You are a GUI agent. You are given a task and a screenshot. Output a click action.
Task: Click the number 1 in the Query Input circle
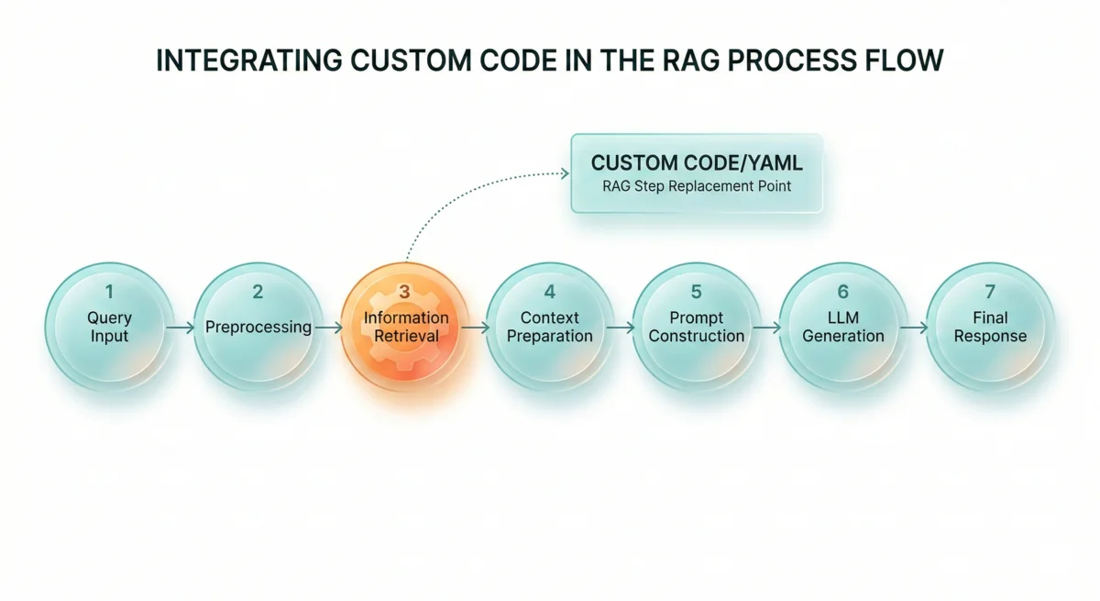click(x=109, y=293)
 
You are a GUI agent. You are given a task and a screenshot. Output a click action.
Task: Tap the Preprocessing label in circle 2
click(x=258, y=327)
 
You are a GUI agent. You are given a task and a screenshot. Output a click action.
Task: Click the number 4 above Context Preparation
click(x=549, y=293)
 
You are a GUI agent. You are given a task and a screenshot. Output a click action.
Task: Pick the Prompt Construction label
click(x=696, y=327)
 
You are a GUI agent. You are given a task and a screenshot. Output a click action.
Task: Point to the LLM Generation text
click(x=842, y=327)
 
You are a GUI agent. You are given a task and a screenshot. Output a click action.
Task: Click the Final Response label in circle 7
click(x=990, y=327)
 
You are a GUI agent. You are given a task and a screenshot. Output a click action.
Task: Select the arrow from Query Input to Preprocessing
click(x=181, y=327)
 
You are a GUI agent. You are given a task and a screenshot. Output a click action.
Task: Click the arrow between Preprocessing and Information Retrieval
click(x=328, y=327)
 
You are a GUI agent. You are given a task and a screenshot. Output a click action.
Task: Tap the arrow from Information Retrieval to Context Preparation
click(x=475, y=327)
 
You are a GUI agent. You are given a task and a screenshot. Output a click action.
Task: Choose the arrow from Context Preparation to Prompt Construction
click(x=621, y=327)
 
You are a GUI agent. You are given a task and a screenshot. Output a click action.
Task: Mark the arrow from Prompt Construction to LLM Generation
click(x=767, y=327)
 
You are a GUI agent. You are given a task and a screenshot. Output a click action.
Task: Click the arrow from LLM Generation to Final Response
click(x=914, y=327)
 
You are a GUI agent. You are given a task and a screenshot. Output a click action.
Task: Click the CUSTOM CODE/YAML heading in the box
click(x=697, y=162)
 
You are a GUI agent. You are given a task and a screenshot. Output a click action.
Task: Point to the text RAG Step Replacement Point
click(x=697, y=186)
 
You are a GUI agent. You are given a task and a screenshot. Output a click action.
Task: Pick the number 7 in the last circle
click(x=990, y=293)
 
